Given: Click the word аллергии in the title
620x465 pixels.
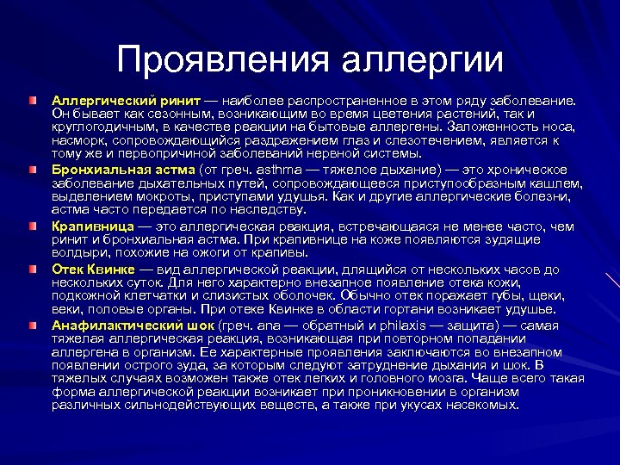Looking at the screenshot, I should (423, 59).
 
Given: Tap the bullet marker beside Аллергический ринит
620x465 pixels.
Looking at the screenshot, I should (32, 102).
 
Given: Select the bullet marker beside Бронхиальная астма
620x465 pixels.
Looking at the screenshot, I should (32, 170).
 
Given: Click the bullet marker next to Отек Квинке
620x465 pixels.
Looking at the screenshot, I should (32, 270).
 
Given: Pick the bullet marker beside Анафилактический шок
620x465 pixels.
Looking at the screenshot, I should (32, 325).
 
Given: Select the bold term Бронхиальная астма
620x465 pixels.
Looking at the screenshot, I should (123, 169).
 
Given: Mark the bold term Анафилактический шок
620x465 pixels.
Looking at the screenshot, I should (133, 325).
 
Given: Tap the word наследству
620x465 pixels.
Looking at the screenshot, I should (263, 209).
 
